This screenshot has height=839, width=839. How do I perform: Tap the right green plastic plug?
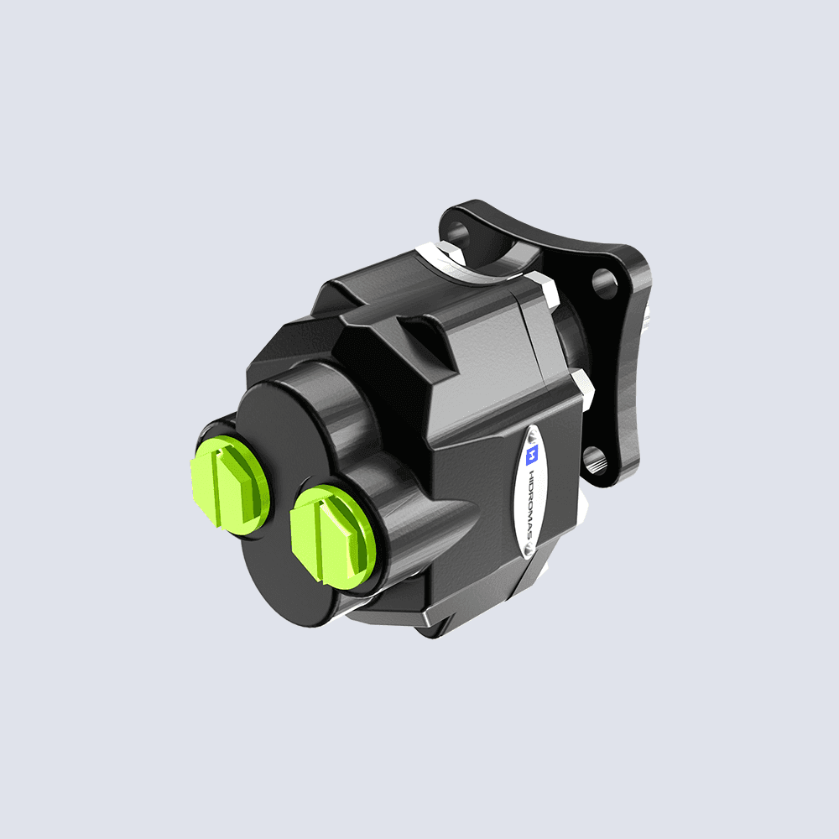tap(329, 532)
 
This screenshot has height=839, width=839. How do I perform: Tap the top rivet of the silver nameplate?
tap(534, 435)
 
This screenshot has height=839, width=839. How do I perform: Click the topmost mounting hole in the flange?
tap(458, 228)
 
